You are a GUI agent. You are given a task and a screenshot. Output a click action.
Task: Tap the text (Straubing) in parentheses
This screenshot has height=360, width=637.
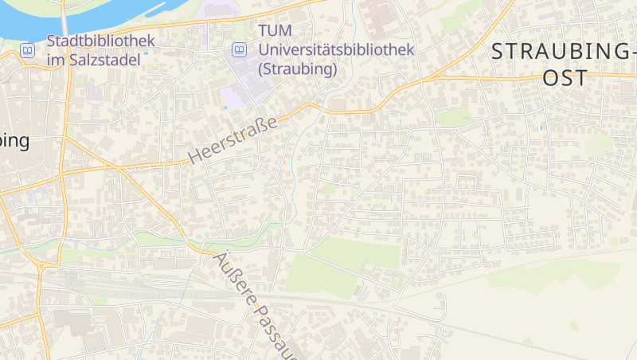298,69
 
